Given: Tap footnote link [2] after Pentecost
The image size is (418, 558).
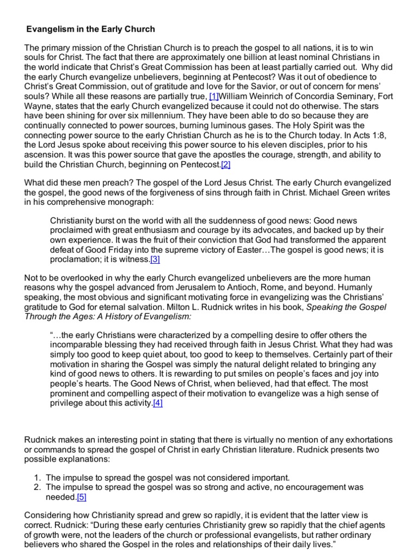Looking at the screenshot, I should click(226, 165).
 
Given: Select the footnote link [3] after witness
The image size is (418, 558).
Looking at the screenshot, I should click(155, 259).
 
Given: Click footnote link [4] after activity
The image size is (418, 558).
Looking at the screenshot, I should click(158, 403).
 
